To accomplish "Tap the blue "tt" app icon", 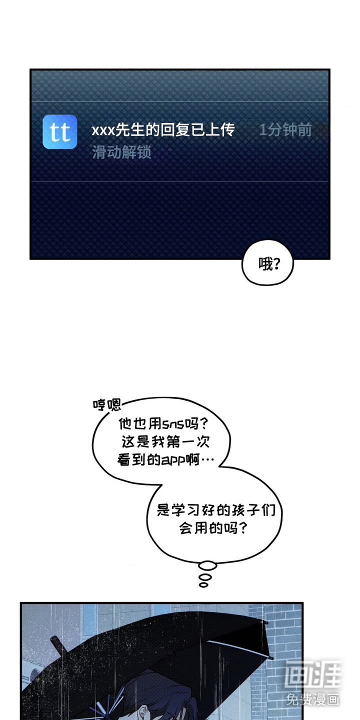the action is coord(60,132).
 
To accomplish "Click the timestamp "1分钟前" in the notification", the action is coord(285,130).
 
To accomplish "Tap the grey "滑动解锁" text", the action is coord(121,152).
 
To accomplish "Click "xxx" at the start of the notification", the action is coord(103,130).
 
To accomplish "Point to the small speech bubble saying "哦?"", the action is coord(267,262).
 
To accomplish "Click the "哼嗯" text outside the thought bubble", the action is coord(107,404).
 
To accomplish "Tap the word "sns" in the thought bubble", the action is coord(173,424).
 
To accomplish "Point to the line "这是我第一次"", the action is coord(165,442).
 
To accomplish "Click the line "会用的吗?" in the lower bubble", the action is coord(213,528).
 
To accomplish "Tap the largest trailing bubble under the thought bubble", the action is coord(207,566).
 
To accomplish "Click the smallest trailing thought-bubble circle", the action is coord(203,585).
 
